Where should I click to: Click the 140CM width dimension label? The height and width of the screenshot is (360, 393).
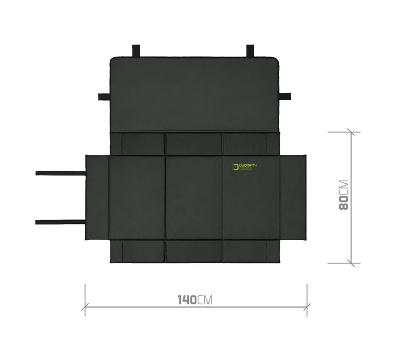point(195,300)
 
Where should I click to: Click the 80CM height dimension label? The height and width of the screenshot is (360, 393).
point(343,195)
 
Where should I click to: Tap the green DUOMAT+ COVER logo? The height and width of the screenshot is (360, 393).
point(244,167)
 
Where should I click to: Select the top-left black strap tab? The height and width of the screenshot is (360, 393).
point(136,51)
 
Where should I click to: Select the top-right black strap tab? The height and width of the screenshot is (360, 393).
point(250,51)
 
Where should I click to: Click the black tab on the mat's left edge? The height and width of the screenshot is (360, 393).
point(104,97)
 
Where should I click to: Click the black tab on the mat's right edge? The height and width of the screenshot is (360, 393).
point(285,96)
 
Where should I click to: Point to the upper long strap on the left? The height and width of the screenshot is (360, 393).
point(61,173)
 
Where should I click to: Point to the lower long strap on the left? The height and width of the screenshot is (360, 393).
point(61,222)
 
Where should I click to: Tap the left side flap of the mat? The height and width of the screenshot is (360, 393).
point(97,198)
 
